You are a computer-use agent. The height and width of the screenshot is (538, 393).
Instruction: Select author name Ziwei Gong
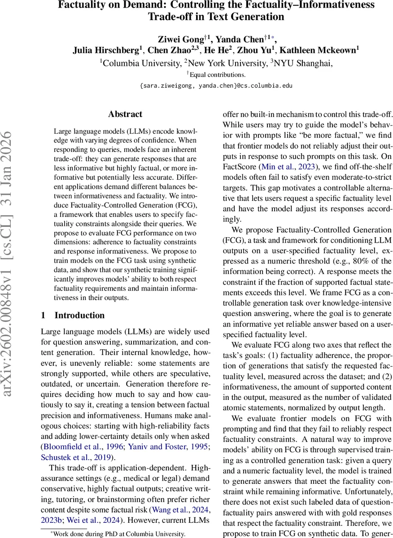tap(176, 38)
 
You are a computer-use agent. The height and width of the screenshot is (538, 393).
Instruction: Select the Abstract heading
tap(125, 114)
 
